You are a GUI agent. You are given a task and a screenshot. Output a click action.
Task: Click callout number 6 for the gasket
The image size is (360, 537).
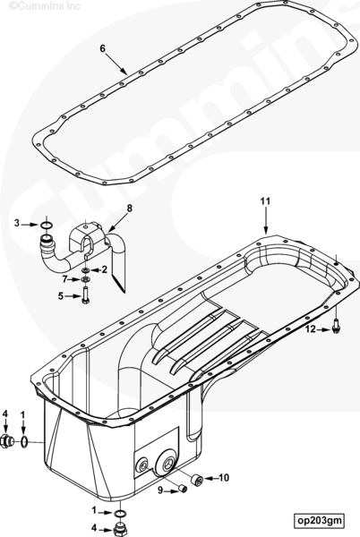pyautogui.click(x=102, y=48)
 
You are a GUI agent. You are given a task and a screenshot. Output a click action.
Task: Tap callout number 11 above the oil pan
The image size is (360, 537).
pyautogui.click(x=265, y=201)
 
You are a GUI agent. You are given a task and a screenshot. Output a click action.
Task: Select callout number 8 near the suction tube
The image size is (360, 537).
pyautogui.click(x=130, y=209)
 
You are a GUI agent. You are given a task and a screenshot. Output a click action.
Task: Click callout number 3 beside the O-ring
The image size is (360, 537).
pyautogui.click(x=17, y=224)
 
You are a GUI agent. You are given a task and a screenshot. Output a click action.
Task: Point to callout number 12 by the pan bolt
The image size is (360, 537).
pyautogui.click(x=311, y=329)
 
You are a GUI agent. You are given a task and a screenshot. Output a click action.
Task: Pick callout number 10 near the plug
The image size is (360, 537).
pyautogui.click(x=224, y=477)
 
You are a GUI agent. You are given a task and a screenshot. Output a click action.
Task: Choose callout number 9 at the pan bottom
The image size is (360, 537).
pyautogui.click(x=160, y=490)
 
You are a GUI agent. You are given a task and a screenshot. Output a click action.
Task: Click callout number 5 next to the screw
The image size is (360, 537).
pyautogui.click(x=61, y=296)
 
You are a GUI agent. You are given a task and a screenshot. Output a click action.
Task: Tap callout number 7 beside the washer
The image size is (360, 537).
pyautogui.click(x=64, y=279)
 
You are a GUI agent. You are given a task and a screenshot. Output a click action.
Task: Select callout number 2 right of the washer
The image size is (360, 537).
pyautogui.click(x=104, y=269)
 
